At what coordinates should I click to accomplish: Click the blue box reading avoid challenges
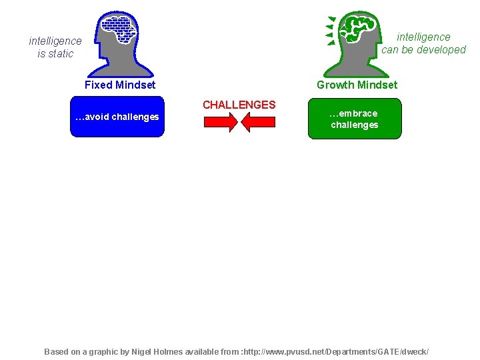(x=117, y=117)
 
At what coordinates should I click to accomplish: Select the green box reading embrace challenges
(x=354, y=119)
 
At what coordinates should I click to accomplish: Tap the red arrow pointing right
(x=219, y=123)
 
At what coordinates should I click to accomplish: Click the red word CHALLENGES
(x=239, y=105)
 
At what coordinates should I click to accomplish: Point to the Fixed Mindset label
(x=120, y=85)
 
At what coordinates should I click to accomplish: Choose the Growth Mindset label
(x=357, y=85)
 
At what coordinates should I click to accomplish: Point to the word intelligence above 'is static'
(x=55, y=41)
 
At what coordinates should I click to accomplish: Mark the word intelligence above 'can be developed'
(x=424, y=37)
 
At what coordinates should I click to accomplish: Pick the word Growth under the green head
(x=336, y=85)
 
